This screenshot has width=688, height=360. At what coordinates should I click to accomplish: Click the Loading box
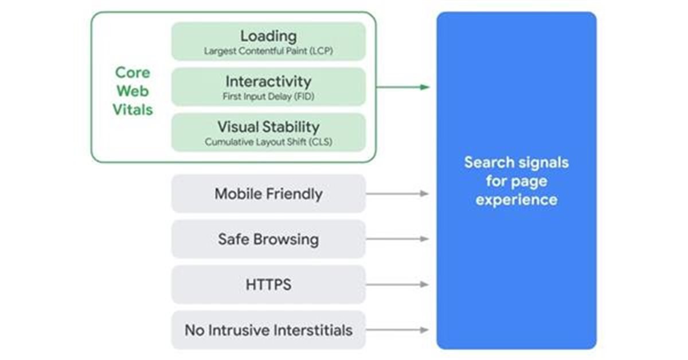pos(268,41)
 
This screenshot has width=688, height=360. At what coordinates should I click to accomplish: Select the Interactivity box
pos(268,87)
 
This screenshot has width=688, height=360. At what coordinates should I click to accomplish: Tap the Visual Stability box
pos(268,132)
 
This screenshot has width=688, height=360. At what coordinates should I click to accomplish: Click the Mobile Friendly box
pos(268,194)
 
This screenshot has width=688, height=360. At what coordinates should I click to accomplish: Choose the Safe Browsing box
pos(268,239)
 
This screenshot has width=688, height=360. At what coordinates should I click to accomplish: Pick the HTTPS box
pos(268,284)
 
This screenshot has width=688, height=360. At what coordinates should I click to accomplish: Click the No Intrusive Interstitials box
pos(268,330)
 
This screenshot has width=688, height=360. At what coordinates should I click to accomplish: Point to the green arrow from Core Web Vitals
pos(403,87)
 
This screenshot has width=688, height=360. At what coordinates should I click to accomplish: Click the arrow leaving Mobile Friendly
pos(397,194)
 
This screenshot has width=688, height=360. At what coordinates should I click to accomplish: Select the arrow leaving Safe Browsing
pos(397,238)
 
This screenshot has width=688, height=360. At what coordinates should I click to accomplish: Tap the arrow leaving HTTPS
pos(397,284)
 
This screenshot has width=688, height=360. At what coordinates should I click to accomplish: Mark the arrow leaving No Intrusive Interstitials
pos(397,330)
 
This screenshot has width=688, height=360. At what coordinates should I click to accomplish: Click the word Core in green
pos(132,73)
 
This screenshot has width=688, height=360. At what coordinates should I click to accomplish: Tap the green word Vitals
pos(132,109)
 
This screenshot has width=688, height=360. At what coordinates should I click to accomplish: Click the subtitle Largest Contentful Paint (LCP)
pos(268,51)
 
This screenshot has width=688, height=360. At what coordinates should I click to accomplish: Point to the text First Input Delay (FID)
pos(268,96)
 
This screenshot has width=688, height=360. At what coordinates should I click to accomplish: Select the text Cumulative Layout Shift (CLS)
pos(268,142)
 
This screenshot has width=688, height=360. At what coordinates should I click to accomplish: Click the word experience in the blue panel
pos(517,200)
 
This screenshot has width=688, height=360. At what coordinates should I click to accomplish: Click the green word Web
pos(132,91)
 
